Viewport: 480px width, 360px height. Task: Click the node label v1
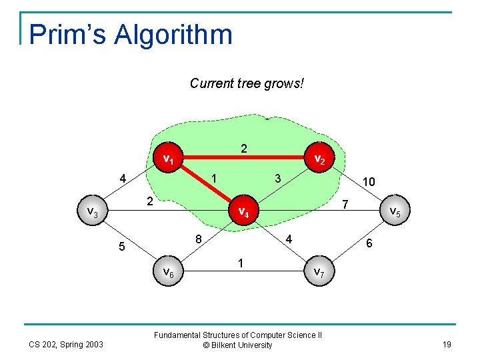169,159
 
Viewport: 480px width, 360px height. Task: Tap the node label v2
319,159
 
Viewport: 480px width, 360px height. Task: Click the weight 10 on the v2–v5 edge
368,181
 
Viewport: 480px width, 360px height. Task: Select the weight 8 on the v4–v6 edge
199,239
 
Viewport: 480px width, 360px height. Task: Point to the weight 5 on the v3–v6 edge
122,247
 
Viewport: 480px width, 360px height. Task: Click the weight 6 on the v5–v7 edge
369,245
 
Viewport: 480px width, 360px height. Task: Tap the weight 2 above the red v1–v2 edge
244,149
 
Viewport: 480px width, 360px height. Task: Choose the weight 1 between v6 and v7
241,263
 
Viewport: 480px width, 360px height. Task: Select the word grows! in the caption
283,83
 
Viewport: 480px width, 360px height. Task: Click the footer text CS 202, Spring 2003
65,344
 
